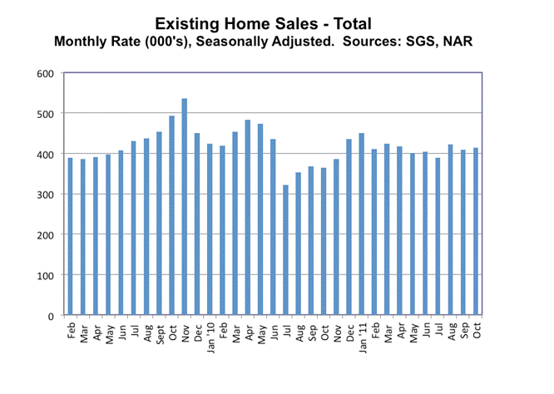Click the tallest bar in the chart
[x=184, y=207]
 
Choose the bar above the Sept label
[x=159, y=224]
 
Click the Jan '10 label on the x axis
[x=210, y=336]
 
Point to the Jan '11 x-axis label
[x=362, y=336]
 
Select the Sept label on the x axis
[x=159, y=334]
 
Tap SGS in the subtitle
[x=425, y=40]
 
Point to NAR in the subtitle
[x=458, y=40]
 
